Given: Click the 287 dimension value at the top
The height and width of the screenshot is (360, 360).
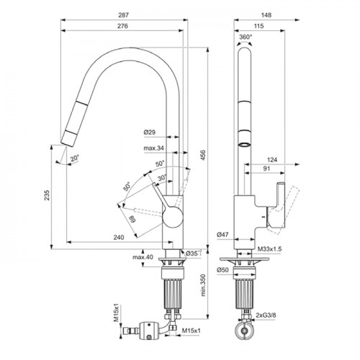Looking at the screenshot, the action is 123,15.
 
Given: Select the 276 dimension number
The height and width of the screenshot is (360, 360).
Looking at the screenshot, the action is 122,26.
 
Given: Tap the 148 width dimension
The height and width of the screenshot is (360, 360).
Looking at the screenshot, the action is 266,15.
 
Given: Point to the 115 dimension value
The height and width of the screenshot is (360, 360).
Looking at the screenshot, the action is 258,26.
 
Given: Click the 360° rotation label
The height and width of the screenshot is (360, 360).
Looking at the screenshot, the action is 246,37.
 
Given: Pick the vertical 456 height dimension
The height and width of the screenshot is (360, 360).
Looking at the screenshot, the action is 203,156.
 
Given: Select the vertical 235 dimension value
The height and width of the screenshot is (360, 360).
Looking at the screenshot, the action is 47,195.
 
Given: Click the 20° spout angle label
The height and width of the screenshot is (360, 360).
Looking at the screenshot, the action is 74,158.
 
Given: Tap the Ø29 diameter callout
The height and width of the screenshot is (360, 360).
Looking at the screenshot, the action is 150,132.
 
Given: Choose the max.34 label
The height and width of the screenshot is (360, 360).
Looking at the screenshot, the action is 154,148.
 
